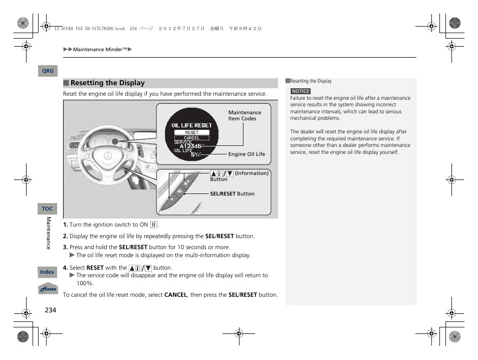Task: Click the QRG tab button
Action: [x=48, y=71]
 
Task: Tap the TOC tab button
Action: [x=48, y=209]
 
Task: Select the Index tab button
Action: [x=48, y=272]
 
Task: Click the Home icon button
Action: [x=49, y=289]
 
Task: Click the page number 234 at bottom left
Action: [x=51, y=310]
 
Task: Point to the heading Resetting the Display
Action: [x=107, y=83]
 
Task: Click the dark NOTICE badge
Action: [x=301, y=91]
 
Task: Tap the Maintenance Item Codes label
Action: [x=245, y=116]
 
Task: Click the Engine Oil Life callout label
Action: [x=247, y=154]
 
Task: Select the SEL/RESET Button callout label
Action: [x=232, y=194]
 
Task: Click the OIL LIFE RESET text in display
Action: [x=192, y=125]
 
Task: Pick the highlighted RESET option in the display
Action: [x=192, y=132]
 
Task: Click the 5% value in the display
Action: [x=194, y=154]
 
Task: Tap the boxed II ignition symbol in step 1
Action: [x=153, y=225]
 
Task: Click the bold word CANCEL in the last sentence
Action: [x=175, y=295]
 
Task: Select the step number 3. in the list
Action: [x=65, y=247]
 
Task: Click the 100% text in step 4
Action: [x=85, y=283]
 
